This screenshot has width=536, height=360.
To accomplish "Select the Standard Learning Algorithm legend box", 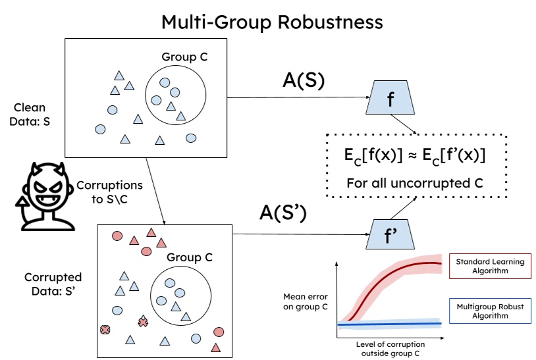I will [491, 267].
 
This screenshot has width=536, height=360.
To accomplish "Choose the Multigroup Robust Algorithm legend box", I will [491, 311].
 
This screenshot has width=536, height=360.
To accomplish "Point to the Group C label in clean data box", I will [184, 57].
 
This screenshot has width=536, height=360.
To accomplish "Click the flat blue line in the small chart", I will [389, 324].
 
